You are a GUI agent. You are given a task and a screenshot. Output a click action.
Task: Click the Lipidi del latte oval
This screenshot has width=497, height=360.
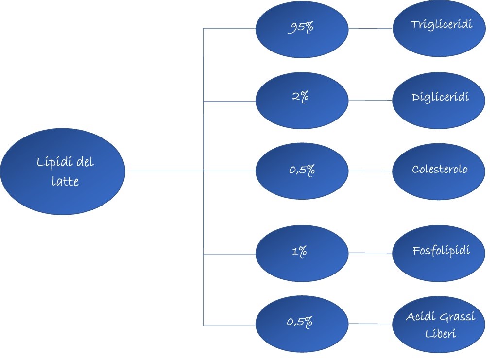(x=63, y=171)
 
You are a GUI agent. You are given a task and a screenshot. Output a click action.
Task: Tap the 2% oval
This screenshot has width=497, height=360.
(x=302, y=101)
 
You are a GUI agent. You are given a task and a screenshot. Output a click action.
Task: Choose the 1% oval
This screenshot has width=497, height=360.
(x=302, y=253)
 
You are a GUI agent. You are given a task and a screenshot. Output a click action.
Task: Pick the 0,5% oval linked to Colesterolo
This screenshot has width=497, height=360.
(x=302, y=171)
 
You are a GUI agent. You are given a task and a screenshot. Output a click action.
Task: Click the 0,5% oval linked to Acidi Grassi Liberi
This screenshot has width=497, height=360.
(x=302, y=324)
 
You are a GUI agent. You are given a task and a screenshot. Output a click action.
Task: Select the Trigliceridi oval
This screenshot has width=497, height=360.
(x=439, y=29)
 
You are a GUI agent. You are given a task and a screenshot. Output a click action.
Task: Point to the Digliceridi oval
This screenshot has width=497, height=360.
(x=439, y=101)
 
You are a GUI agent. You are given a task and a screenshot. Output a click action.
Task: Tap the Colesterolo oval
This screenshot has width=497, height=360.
(x=439, y=171)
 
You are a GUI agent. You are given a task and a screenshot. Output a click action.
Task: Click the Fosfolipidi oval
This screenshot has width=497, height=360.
(x=439, y=253)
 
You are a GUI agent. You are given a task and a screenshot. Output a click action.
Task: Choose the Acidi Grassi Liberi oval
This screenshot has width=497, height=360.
(x=439, y=325)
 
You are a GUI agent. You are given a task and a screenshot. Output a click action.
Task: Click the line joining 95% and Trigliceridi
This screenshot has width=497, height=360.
(x=371, y=29)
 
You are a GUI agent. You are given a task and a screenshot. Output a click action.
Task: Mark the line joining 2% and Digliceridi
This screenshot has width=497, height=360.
(x=371, y=100)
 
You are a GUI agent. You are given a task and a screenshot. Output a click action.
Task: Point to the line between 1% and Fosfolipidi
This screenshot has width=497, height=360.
(x=371, y=253)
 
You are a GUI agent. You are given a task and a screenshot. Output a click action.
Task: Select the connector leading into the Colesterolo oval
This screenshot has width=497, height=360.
(x=371, y=171)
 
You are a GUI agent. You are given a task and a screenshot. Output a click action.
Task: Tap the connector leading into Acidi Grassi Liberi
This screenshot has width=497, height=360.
(x=371, y=324)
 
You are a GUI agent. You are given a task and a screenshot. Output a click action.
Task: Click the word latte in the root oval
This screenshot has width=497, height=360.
(x=65, y=181)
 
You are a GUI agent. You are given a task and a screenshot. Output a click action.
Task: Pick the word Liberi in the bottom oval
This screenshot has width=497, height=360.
(x=441, y=333)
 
